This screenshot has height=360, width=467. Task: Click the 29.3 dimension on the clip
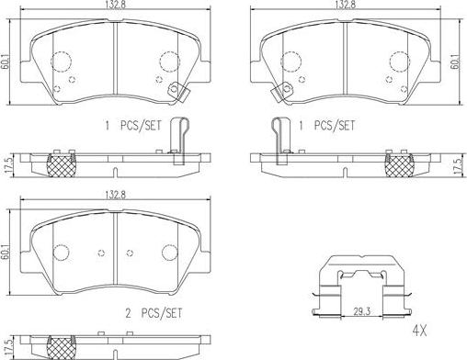click(362, 311)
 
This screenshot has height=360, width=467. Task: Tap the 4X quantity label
click(419, 331)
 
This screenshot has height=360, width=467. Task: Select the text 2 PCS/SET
click(154, 313)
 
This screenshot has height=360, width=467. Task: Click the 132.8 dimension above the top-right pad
click(346, 5)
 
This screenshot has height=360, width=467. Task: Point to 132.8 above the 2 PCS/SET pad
click(115, 195)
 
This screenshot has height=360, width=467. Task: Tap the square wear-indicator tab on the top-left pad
click(179, 93)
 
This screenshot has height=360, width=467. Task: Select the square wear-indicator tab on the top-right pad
click(281, 93)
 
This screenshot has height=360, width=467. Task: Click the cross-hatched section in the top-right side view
click(399, 166)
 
